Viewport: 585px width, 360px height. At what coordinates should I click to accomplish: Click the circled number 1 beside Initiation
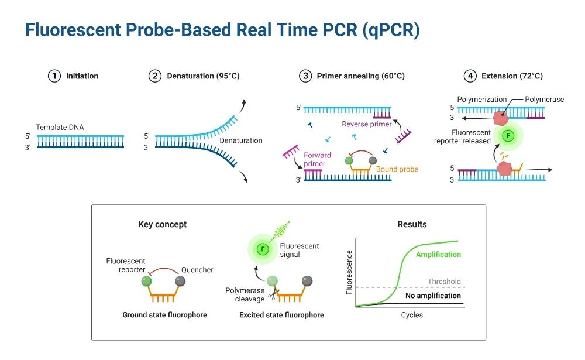[54, 76]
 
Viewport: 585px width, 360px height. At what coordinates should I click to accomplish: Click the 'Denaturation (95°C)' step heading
[203, 76]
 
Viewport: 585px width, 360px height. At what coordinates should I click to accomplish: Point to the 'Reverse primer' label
[367, 124]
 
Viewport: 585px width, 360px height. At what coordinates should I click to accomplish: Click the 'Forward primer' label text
[317, 159]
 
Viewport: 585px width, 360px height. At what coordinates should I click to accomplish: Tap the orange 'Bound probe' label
[397, 169]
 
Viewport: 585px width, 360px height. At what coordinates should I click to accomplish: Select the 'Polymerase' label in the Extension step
[544, 100]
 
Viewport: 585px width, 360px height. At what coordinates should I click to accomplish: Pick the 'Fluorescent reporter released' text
[463, 137]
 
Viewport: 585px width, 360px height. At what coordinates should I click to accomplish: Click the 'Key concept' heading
[163, 224]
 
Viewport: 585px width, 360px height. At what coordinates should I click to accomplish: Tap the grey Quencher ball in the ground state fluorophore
[181, 282]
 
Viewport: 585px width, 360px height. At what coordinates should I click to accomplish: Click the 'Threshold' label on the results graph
[444, 282]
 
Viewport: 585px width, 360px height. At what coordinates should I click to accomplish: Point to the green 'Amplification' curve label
[438, 255]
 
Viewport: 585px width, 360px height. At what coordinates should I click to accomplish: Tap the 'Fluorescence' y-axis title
[349, 272]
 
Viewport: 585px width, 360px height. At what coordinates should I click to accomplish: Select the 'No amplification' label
[433, 296]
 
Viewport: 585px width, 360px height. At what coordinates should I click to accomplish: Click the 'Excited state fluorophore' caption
[281, 315]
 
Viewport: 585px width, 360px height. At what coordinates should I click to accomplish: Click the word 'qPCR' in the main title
[390, 30]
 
